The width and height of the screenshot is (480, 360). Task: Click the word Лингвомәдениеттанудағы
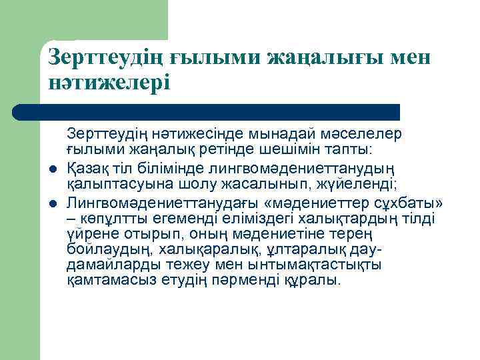pos(167,203)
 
